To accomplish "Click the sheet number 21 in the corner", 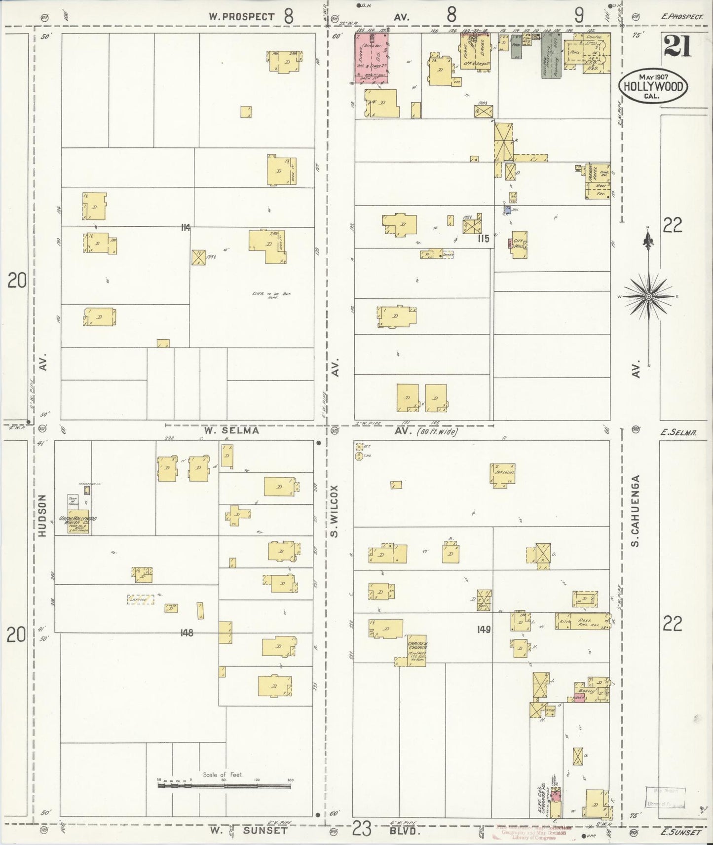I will (x=677, y=47).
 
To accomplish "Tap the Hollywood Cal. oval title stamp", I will (x=653, y=87).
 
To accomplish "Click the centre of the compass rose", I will (x=648, y=296).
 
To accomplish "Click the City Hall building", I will (x=519, y=244).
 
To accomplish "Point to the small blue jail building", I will (x=508, y=210).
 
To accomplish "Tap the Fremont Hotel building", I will (x=598, y=181).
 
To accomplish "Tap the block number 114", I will (x=186, y=227).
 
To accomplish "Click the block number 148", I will (x=187, y=633).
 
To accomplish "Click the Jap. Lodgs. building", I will (x=503, y=474).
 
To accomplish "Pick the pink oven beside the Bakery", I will (x=579, y=699).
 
